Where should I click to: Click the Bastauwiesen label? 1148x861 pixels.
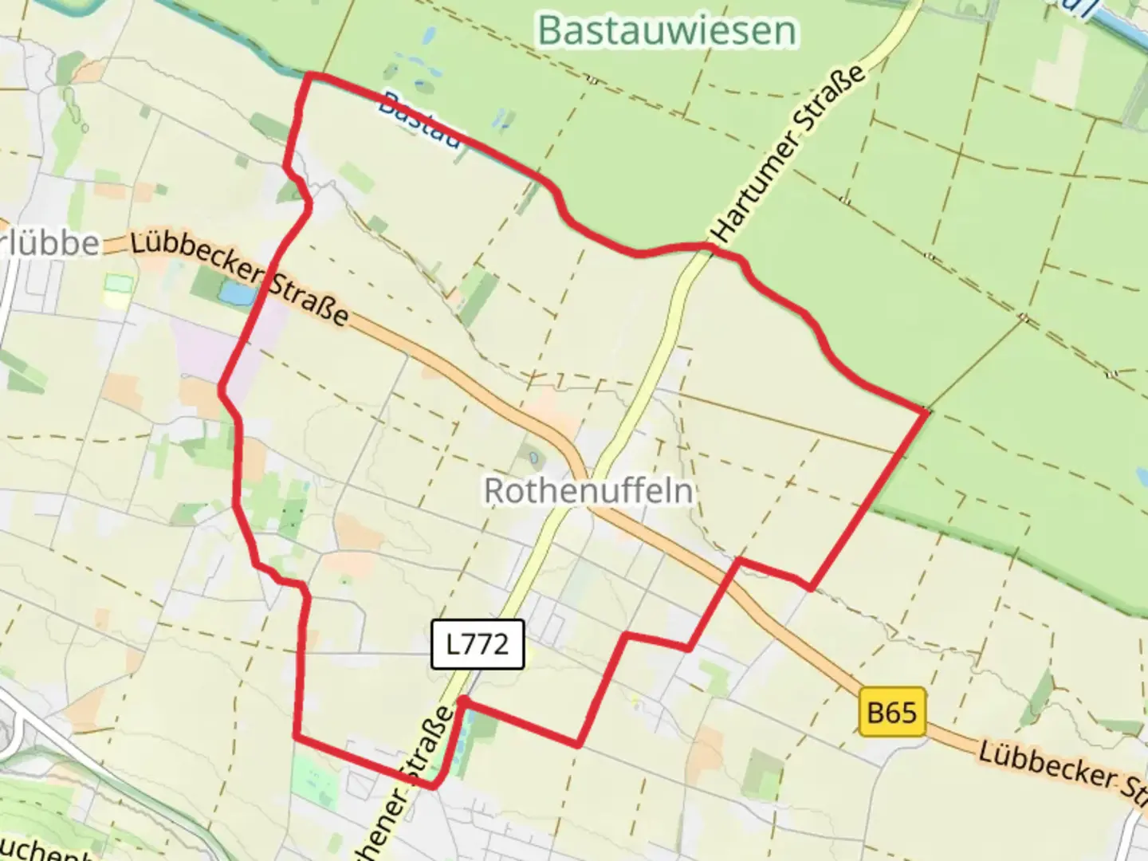tap(666, 31)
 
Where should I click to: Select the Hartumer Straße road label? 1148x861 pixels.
tap(789, 155)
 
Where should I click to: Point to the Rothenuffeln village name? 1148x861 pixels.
tap(588, 490)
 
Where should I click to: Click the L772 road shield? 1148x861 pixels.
tap(477, 643)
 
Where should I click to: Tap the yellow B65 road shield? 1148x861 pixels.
tap(892, 710)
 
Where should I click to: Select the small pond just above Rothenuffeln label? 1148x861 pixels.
tap(533, 458)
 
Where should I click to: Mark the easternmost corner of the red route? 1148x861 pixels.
tap(926, 411)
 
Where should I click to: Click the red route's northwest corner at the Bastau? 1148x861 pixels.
tap(310, 76)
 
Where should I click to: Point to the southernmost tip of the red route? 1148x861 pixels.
tap(433, 786)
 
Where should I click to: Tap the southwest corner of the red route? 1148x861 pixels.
tap(296, 737)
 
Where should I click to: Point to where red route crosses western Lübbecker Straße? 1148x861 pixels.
tap(262, 286)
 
